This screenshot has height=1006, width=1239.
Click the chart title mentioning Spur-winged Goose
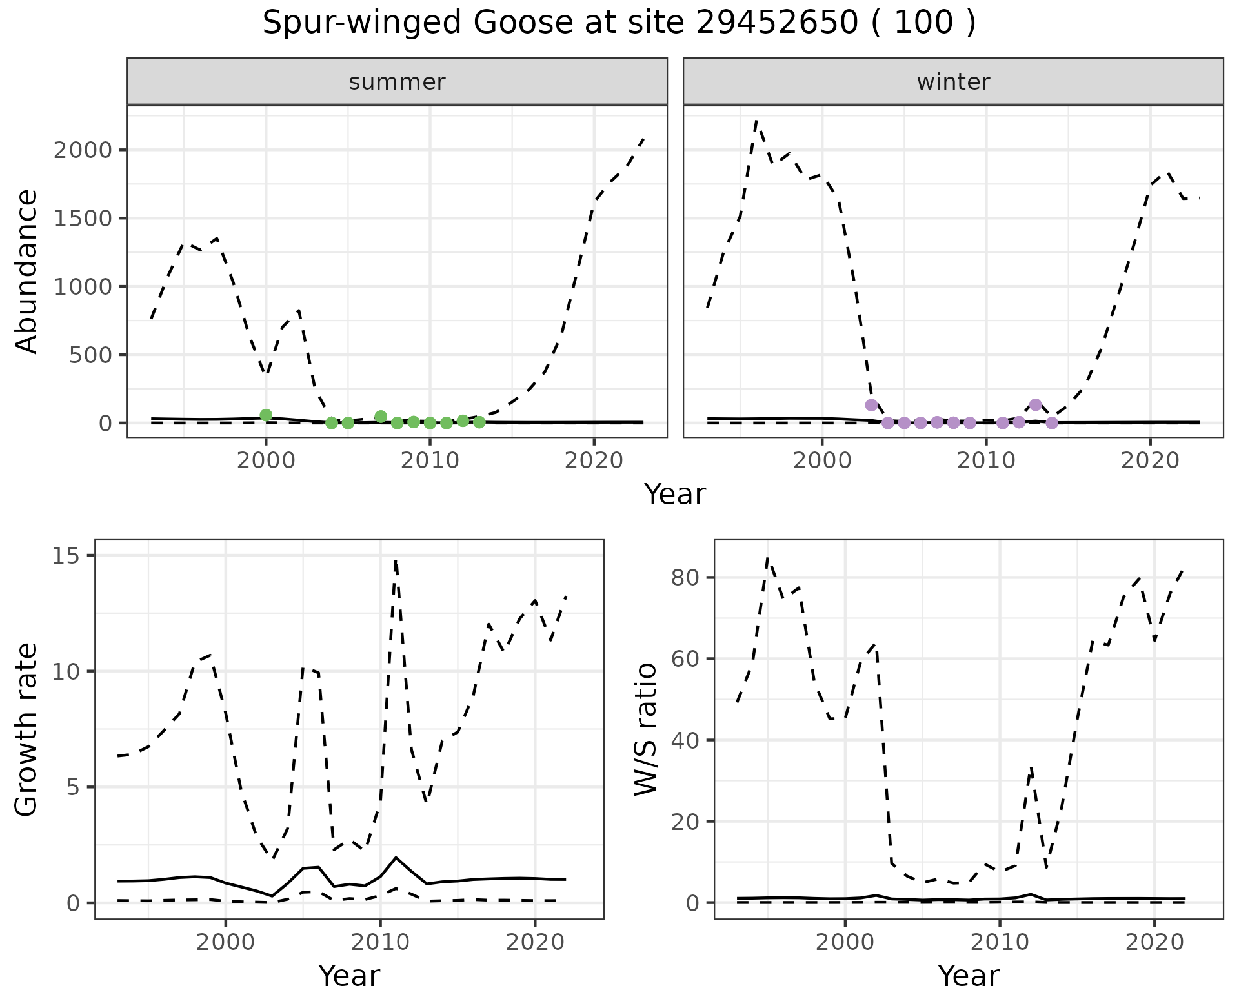click(x=619, y=24)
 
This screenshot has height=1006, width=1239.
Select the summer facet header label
click(x=397, y=82)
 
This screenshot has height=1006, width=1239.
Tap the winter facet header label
click(x=953, y=82)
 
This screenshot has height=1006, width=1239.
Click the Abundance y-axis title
click(x=27, y=271)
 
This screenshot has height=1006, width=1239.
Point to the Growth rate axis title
click(x=27, y=729)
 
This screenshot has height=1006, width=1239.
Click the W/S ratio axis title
click(x=646, y=729)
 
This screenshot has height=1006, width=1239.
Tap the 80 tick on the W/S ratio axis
click(x=685, y=577)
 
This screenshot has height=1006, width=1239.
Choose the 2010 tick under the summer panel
click(x=430, y=460)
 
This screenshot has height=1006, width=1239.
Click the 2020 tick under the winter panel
click(x=1149, y=460)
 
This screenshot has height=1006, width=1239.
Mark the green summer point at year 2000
click(x=266, y=415)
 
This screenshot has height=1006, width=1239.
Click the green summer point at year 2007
click(x=381, y=417)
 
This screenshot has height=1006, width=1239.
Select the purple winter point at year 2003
click(x=871, y=405)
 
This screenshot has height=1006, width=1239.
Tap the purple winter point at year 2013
click(x=1036, y=404)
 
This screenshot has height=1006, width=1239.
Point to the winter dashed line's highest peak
click(x=756, y=121)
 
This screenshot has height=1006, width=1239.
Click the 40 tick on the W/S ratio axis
click(x=685, y=740)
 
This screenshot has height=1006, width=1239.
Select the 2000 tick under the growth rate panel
click(x=225, y=942)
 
